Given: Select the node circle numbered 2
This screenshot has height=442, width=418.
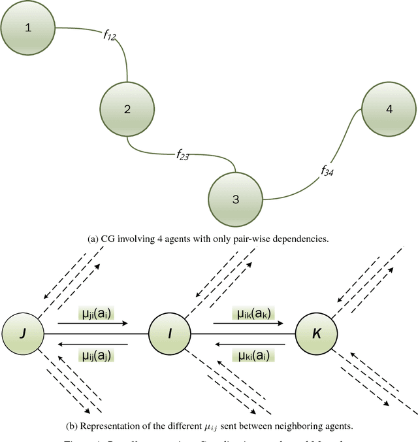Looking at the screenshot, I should point(127,110).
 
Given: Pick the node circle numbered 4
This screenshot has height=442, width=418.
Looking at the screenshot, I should point(389,110).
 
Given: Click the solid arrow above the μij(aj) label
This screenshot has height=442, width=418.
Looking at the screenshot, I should point(95,343).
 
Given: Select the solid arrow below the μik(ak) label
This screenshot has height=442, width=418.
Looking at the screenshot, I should point(243,322).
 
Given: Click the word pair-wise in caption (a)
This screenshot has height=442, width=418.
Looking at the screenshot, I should point(255,239).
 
